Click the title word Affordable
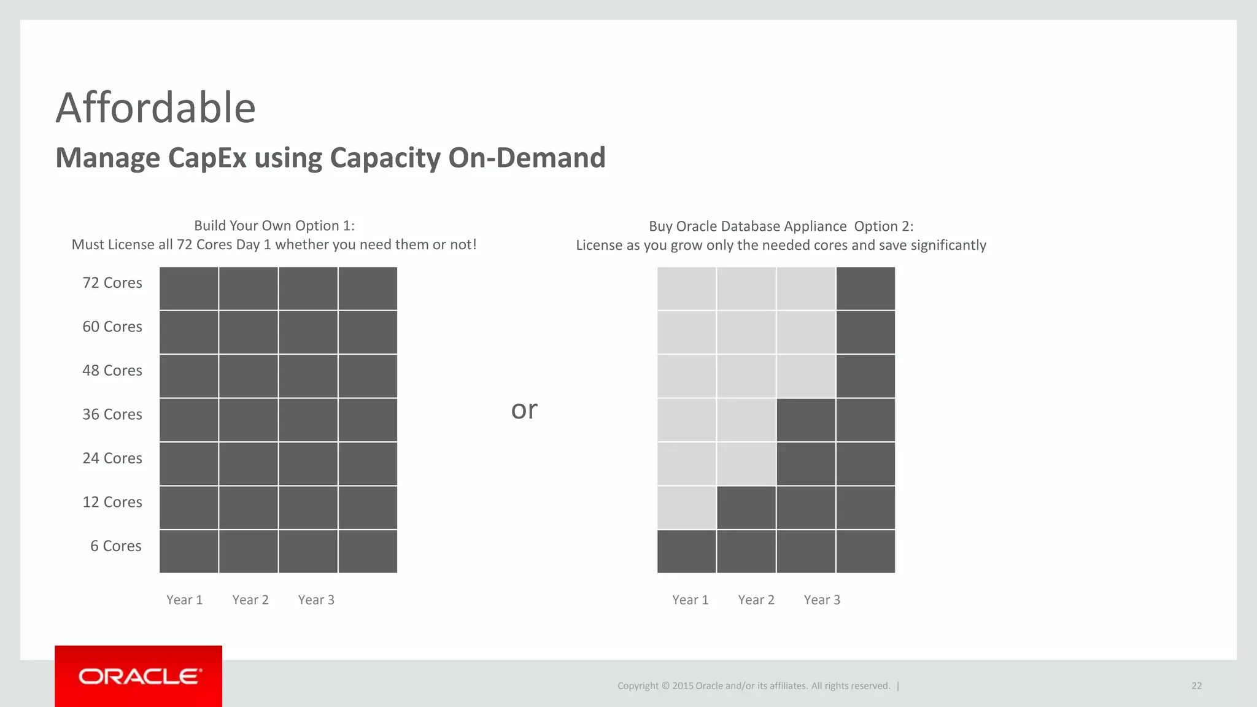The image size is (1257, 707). point(155,108)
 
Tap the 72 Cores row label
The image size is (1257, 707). point(112,283)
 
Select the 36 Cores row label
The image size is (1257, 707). point(112,414)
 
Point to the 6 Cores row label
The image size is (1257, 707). point(116,546)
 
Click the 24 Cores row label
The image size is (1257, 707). point(112,458)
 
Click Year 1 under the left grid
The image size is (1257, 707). point(184,600)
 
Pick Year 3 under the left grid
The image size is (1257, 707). point(316,600)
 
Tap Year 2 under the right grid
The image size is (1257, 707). point(756,600)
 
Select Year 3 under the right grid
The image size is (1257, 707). point(822,600)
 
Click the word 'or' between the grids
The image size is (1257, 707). point(524,409)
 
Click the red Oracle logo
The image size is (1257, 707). point(139,676)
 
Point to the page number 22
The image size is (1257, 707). point(1196,686)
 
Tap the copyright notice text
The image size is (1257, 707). point(754,686)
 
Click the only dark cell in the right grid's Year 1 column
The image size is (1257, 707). point(686,551)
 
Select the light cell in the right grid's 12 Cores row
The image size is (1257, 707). point(686,508)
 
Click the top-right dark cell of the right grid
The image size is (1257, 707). point(865,288)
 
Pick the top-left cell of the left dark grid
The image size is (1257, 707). point(189,288)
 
